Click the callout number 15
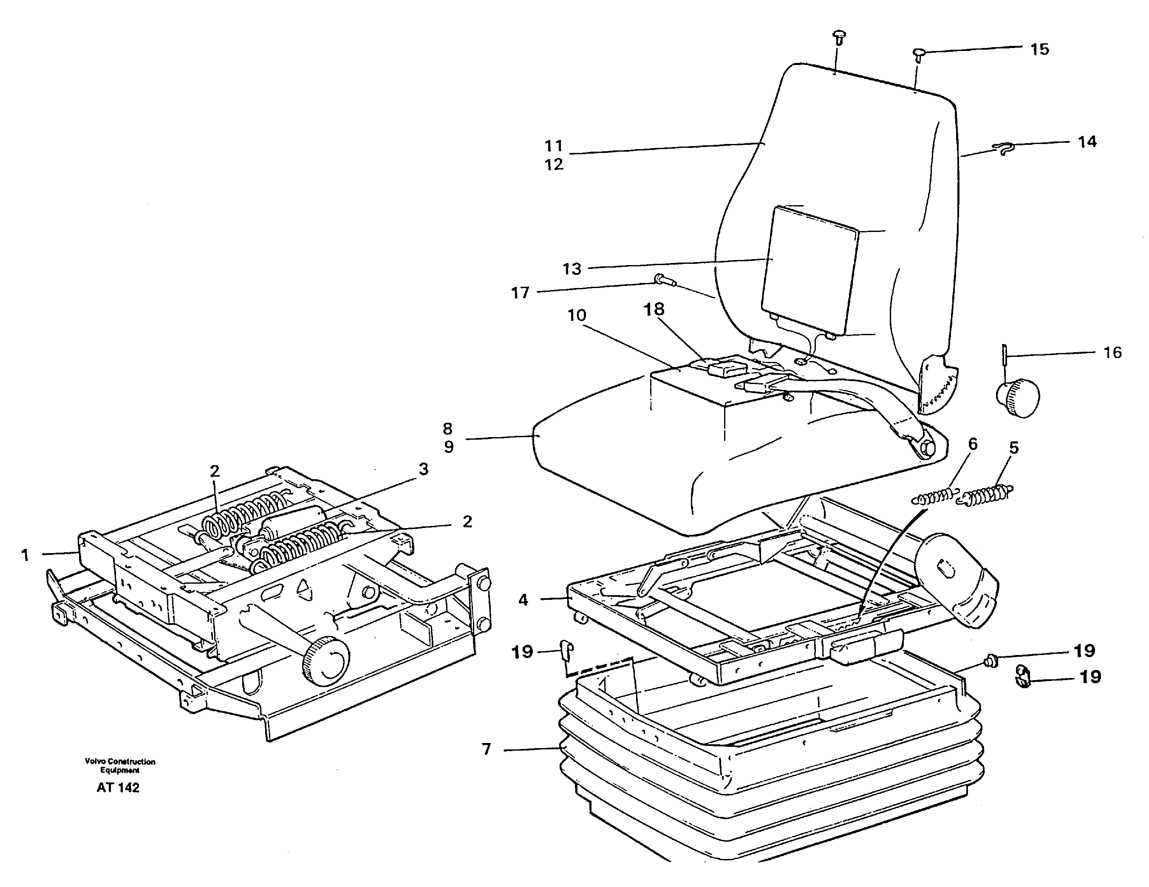click(x=1039, y=49)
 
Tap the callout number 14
click(x=1087, y=141)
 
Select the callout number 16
click(x=1112, y=353)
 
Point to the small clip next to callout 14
click(x=1003, y=150)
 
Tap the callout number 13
click(x=572, y=269)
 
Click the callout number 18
click(x=654, y=309)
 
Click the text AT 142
click(x=118, y=788)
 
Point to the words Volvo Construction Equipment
click(x=120, y=766)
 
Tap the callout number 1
click(x=25, y=555)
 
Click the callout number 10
click(x=577, y=315)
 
